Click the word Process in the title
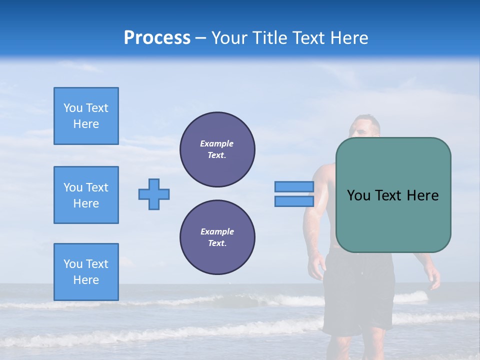pos(157,38)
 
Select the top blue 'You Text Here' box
pos(86,116)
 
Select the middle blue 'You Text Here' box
pos(86,195)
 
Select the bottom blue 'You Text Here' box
pos(86,272)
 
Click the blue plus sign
pos(154,194)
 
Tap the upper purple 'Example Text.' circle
pos(217,149)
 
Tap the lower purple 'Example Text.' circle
pos(217,237)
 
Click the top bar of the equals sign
pos(294,186)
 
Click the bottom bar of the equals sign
pos(294,201)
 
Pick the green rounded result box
pos(393,195)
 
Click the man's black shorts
pos(357,295)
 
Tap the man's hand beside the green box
pos(433,278)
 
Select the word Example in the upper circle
pos(217,143)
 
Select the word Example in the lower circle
pos(217,231)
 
